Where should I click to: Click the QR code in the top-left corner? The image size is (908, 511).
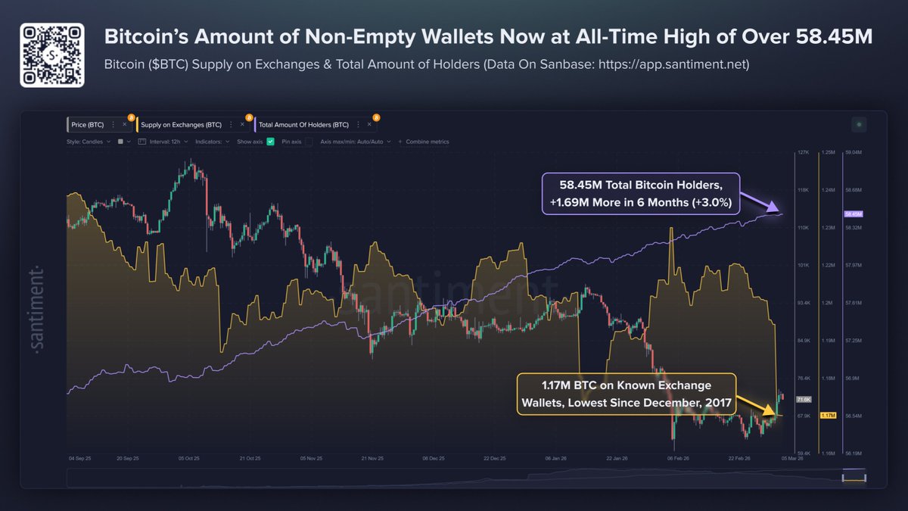(x=51, y=55)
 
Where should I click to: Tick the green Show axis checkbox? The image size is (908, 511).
(x=271, y=142)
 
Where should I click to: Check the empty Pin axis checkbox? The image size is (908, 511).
(x=309, y=142)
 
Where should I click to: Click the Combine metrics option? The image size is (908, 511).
(x=428, y=142)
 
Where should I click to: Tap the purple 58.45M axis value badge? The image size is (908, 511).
(x=852, y=215)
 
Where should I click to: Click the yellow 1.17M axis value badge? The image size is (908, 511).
(x=828, y=415)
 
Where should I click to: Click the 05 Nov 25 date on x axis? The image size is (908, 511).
(x=311, y=459)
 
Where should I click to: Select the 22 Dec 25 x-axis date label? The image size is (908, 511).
(x=495, y=459)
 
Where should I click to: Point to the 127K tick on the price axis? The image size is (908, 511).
(x=804, y=152)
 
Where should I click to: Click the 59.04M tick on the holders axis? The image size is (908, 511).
(x=854, y=152)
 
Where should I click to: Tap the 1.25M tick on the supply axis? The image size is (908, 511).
(x=829, y=152)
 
